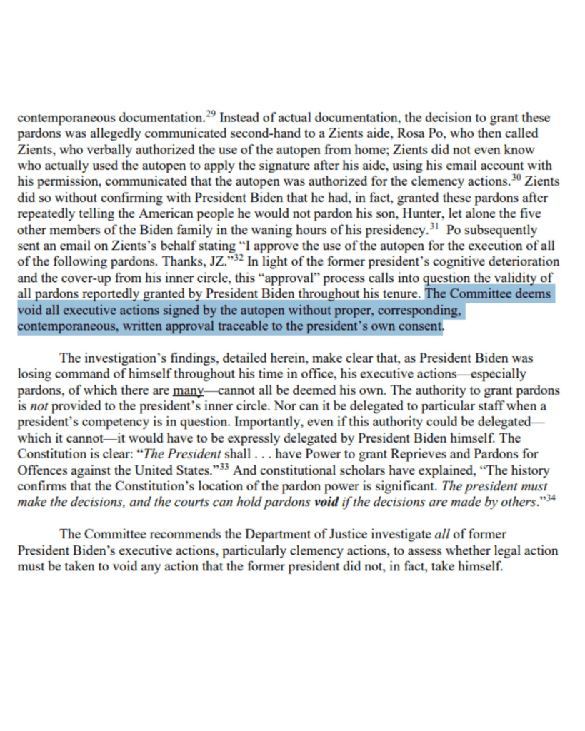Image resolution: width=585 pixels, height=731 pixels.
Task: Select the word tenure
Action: (x=402, y=294)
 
